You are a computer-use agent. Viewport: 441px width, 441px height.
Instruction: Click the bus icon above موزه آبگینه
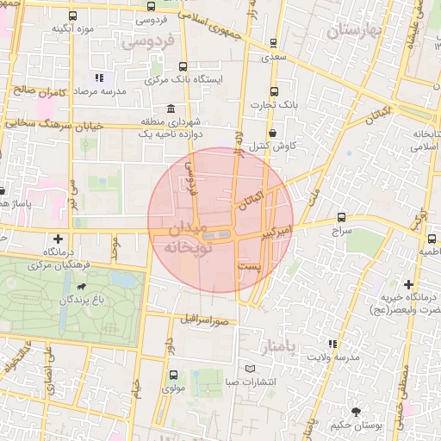[72, 16]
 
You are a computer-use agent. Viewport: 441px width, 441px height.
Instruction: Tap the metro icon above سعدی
[274, 42]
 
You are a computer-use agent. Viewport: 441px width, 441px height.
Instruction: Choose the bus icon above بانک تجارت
[274, 92]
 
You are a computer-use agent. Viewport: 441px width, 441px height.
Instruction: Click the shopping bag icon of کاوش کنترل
[273, 133]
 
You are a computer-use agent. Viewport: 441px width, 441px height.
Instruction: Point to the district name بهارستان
[353, 31]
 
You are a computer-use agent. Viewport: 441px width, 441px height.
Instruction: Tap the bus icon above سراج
[341, 218]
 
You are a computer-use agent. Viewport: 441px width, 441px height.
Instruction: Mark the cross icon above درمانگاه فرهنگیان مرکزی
[58, 239]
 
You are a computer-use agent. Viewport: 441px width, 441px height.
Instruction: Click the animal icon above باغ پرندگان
[81, 286]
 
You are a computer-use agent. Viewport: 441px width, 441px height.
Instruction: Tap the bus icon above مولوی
[174, 376]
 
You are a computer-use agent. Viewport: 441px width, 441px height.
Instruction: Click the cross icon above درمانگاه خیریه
[408, 284]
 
